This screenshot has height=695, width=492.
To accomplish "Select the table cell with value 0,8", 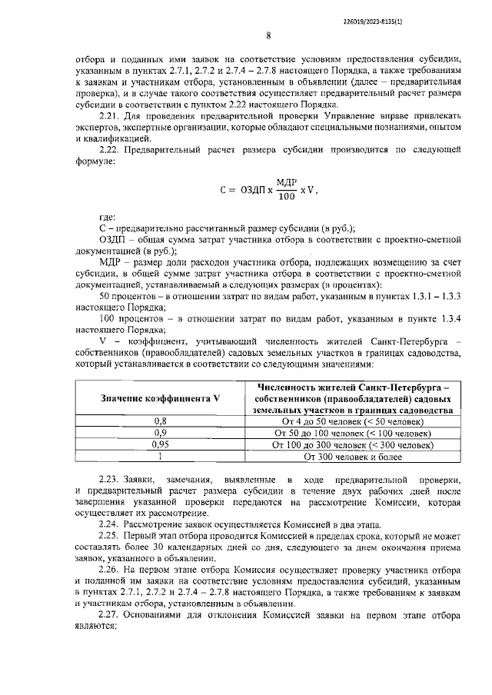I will [160, 422].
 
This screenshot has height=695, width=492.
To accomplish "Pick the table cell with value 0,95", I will [160, 444].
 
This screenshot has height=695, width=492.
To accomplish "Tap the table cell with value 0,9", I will [160, 434].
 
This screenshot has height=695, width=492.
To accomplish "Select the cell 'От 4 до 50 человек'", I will [353, 422].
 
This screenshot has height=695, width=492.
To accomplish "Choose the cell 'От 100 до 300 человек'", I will [353, 444].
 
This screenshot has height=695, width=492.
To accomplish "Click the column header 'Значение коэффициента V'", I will [160, 398].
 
